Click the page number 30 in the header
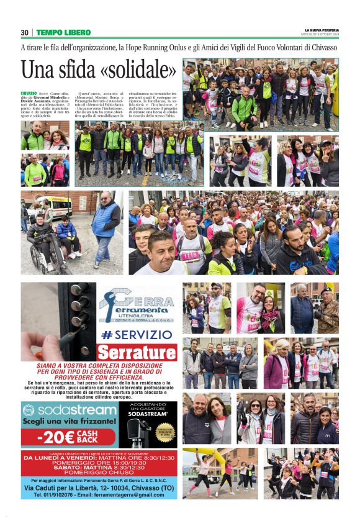[24, 32]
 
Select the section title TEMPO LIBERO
[63, 32]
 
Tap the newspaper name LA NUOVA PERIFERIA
[322, 30]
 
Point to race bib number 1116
[190, 255]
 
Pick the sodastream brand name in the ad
[68, 411]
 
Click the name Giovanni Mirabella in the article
[50, 97]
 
